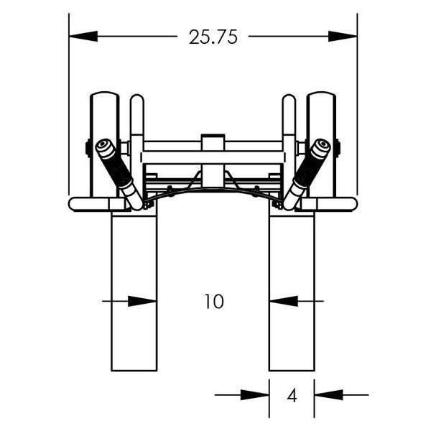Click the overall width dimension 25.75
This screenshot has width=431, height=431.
213,38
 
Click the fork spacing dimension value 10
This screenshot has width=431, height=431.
213,302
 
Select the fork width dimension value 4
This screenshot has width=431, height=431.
292,395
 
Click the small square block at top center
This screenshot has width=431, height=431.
213,142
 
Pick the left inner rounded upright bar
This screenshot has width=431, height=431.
136,122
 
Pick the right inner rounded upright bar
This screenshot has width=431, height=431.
289,122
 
